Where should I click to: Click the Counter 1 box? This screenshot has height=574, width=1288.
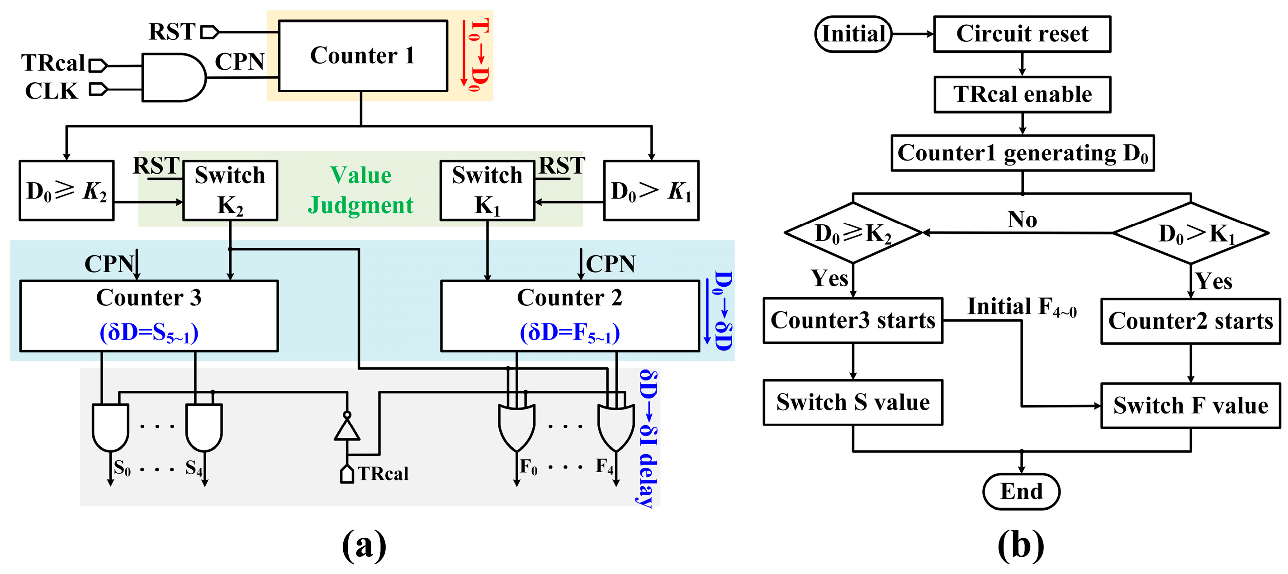(x=363, y=56)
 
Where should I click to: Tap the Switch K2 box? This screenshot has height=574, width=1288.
(x=230, y=190)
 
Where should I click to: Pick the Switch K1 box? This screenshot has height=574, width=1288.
(x=487, y=190)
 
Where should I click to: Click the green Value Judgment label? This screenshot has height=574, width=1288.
(x=360, y=190)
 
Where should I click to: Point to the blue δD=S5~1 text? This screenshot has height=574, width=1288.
(x=149, y=332)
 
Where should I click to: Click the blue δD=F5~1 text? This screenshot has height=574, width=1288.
(x=569, y=332)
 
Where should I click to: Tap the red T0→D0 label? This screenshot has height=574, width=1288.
(x=477, y=55)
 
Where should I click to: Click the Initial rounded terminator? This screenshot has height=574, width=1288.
(x=853, y=34)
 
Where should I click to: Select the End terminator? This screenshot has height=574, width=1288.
(x=1021, y=491)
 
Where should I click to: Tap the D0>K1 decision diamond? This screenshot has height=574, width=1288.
(x=1191, y=233)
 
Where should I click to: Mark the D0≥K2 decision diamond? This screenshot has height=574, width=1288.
(x=853, y=233)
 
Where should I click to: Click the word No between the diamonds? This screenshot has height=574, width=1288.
(x=1022, y=219)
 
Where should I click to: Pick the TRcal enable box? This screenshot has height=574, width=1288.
(x=1022, y=95)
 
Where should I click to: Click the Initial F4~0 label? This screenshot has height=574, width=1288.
(x=1022, y=307)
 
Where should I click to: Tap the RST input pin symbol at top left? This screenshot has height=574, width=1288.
(x=209, y=33)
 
